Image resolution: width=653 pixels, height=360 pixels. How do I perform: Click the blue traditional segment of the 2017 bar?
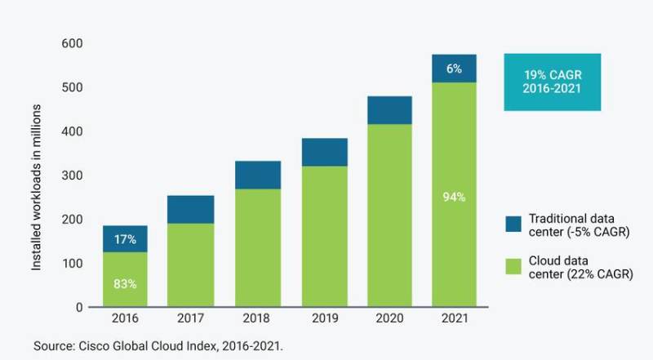(x=192, y=209)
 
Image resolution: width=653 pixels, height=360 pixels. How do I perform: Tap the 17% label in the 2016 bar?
(x=125, y=240)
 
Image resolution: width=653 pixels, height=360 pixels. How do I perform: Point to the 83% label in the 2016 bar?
(x=125, y=284)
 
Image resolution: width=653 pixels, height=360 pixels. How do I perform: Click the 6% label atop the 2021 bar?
(x=455, y=69)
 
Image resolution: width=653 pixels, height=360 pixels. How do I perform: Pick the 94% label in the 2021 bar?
(x=455, y=197)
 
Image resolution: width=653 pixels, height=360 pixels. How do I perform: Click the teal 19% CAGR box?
(x=552, y=82)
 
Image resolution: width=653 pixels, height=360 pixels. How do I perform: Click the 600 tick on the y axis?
(x=72, y=43)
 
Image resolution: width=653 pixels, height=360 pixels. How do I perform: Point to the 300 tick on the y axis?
(x=72, y=176)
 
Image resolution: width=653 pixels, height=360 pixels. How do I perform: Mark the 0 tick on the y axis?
(x=78, y=308)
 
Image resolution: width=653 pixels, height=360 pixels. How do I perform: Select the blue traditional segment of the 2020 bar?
(x=389, y=110)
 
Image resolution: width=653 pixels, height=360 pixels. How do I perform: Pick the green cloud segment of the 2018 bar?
(x=257, y=248)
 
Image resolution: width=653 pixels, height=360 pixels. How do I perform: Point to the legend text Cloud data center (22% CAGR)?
(x=580, y=267)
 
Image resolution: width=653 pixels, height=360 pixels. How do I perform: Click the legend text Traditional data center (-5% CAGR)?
(x=580, y=224)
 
